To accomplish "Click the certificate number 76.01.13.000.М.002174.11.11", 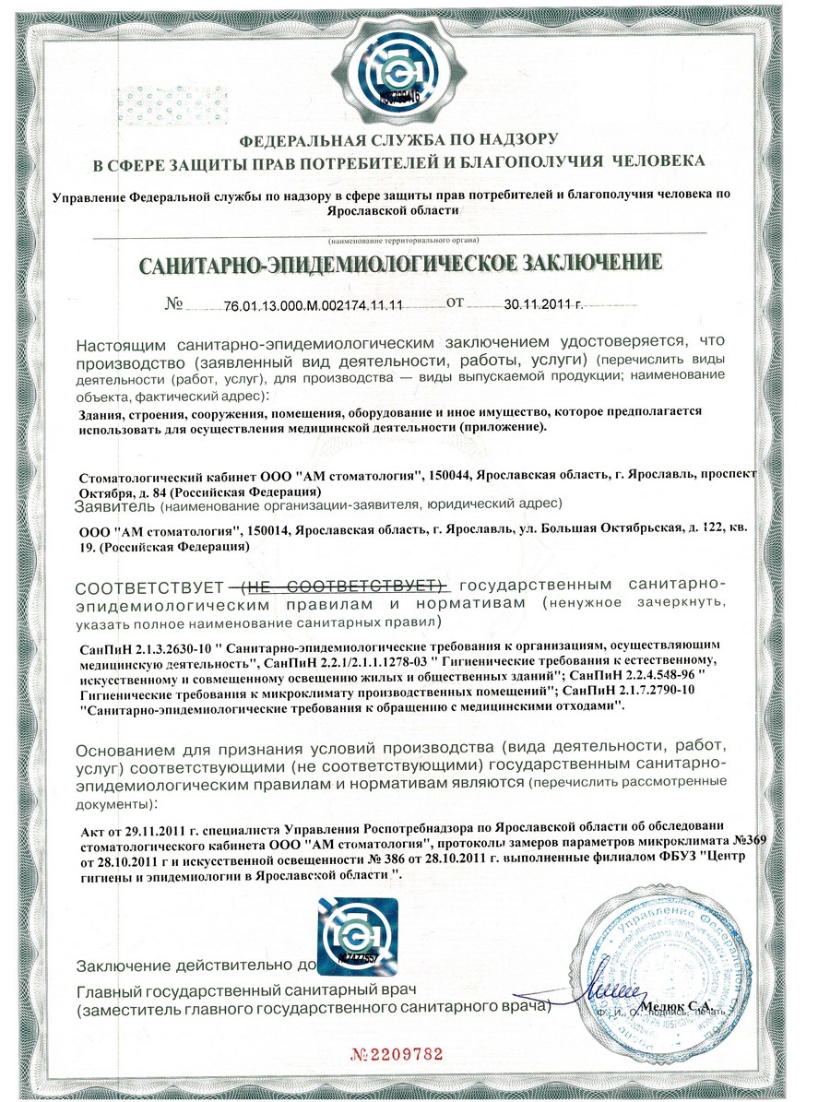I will pyautogui.click(x=314, y=303).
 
